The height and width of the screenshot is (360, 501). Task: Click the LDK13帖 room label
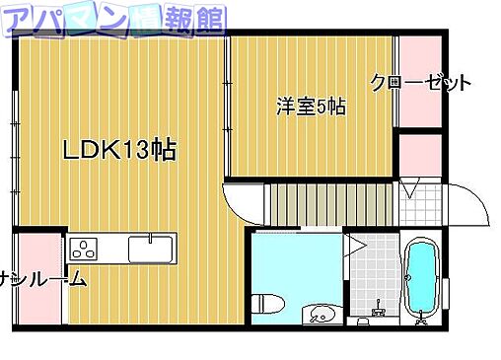click(119, 151)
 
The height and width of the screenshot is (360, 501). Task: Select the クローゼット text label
click(421, 83)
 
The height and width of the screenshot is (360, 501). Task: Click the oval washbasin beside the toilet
click(322, 316)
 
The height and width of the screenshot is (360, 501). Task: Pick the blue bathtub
click(423, 279)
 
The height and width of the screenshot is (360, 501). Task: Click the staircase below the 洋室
click(331, 204)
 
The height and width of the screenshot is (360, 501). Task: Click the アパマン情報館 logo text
click(116, 18)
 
